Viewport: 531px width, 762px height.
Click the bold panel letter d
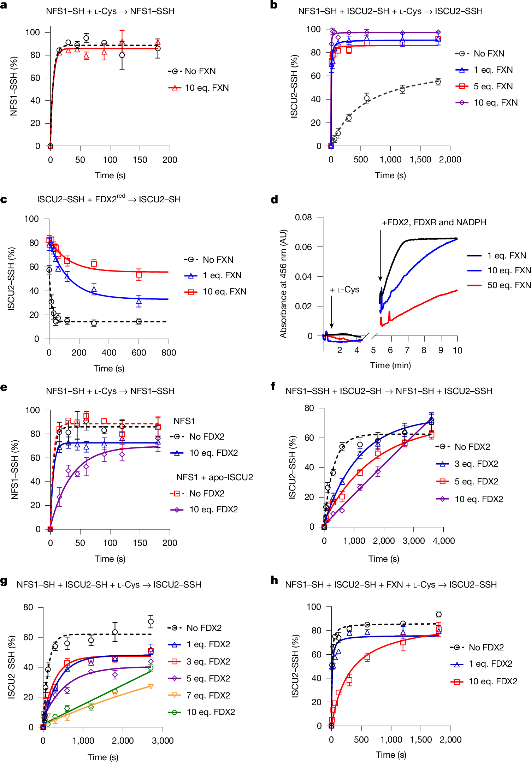(274, 200)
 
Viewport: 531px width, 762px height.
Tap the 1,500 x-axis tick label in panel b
(420, 160)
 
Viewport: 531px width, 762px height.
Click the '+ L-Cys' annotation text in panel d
(344, 290)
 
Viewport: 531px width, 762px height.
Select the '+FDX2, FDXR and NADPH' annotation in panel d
(434, 222)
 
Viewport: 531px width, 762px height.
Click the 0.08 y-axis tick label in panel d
(303, 218)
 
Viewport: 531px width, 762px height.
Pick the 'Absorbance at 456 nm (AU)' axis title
(283, 284)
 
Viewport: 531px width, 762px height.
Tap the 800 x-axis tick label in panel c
(169, 353)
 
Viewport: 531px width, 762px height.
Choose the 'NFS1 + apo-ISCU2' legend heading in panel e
(214, 477)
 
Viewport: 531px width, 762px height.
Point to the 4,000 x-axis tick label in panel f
(443, 541)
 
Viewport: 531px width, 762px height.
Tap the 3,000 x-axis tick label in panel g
(163, 741)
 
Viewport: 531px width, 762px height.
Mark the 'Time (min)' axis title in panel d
(390, 365)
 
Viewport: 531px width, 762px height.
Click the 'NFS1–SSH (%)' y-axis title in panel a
(14, 86)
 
